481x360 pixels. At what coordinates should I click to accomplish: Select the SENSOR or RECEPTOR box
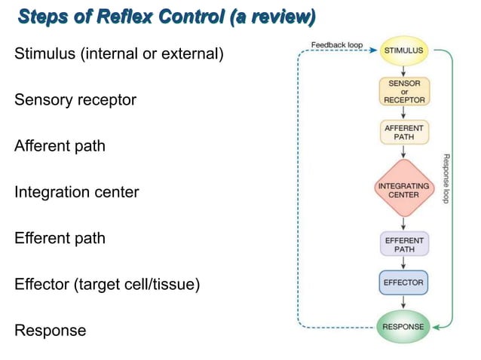coord(403,91)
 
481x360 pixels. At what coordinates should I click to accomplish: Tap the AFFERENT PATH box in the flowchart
coord(403,133)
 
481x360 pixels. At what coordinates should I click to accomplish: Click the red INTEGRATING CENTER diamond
coord(403,189)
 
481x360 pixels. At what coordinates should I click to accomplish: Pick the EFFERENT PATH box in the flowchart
coord(403,244)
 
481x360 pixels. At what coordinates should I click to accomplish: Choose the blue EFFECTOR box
coord(403,283)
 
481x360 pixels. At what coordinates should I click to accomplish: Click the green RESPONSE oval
coord(403,326)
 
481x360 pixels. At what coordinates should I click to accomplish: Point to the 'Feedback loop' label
coord(337,45)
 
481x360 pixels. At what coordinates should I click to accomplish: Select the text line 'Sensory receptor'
coord(75,100)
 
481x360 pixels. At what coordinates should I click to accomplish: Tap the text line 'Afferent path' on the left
coord(60,146)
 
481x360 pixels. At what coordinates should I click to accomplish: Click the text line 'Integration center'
coord(77,192)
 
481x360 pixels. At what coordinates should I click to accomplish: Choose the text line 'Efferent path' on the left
coord(60,238)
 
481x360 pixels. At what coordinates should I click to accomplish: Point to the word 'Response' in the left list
coord(50,331)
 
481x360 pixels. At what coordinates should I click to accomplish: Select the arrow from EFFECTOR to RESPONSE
coord(403,304)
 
